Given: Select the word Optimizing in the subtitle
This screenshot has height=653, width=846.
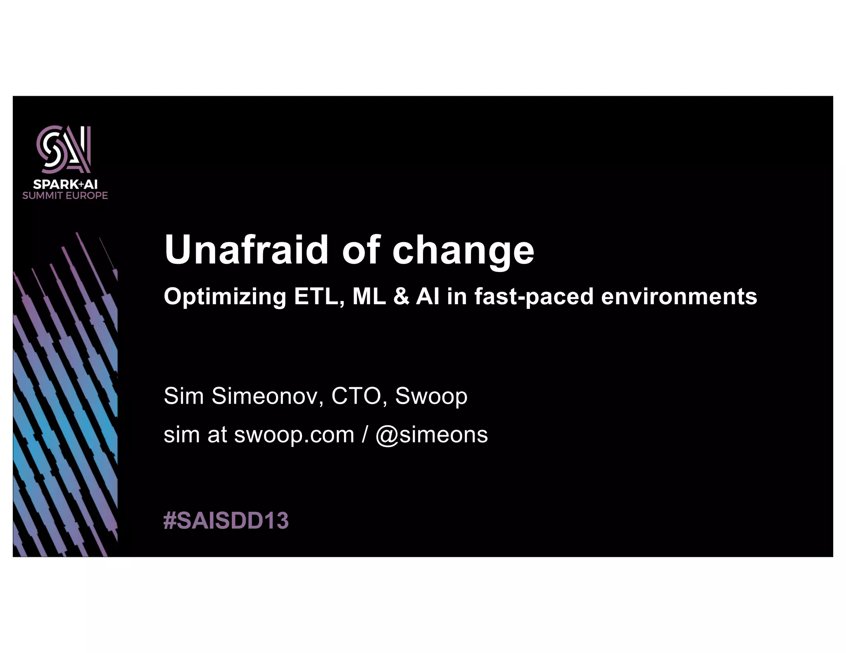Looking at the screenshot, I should [225, 297].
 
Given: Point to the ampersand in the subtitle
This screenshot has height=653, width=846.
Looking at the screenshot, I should [401, 297].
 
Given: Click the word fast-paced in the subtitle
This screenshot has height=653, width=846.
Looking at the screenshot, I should [534, 297].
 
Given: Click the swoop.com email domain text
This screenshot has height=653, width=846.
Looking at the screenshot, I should [294, 435].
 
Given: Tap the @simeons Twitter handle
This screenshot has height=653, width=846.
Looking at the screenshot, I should [431, 435].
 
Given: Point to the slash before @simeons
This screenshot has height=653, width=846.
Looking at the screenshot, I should [364, 435].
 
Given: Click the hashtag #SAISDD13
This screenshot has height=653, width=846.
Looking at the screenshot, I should [226, 520].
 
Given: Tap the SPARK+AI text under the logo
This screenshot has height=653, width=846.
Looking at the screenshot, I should [65, 184].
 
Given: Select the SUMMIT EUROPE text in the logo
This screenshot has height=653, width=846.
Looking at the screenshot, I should [65, 196].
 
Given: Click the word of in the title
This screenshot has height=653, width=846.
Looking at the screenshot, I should [361, 250].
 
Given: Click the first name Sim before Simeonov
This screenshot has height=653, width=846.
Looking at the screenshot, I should [184, 396].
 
